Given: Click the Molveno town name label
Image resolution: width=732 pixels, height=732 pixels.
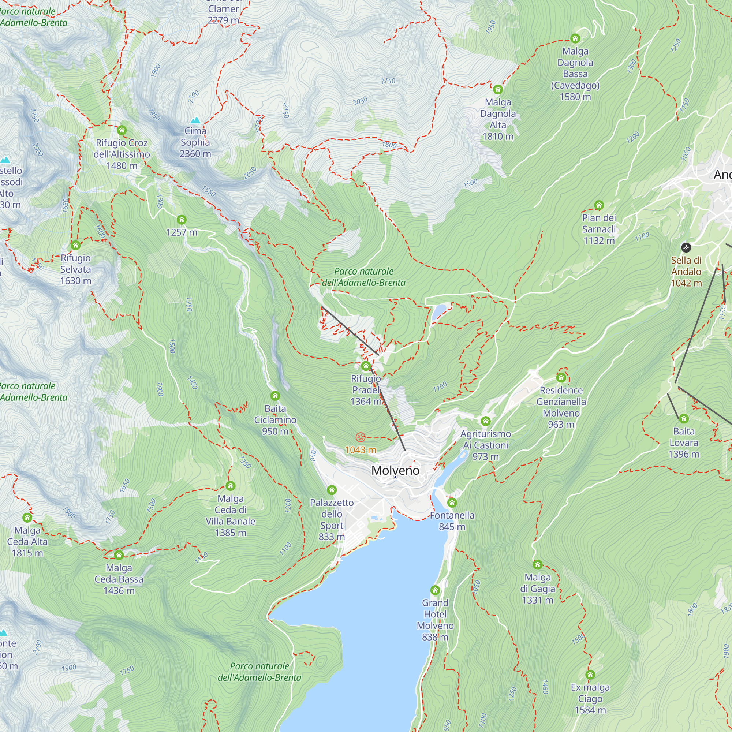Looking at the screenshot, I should click(x=395, y=470).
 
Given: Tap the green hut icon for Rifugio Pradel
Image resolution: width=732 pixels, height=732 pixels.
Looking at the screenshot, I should click(x=366, y=366).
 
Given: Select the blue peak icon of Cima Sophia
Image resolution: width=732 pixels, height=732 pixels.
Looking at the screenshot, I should click(x=195, y=120).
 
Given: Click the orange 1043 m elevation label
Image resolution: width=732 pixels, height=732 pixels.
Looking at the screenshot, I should click(x=360, y=450).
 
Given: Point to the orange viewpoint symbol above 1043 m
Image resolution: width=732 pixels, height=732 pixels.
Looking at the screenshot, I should click(x=360, y=437).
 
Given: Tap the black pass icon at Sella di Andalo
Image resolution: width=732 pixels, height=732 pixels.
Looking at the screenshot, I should click(x=686, y=248).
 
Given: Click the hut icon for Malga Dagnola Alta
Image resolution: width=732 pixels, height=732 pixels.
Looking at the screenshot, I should click(x=497, y=90).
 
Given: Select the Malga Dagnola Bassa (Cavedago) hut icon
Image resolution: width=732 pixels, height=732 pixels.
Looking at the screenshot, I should click(x=575, y=38).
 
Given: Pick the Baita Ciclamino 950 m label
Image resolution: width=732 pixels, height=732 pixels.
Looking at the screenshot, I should click(x=275, y=420).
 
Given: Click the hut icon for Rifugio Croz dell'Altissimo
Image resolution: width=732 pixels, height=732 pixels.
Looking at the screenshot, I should click(x=121, y=130).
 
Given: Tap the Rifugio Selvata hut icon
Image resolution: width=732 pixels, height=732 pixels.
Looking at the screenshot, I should click(x=75, y=246).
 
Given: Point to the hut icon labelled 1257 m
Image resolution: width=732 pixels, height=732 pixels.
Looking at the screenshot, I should click(x=182, y=220).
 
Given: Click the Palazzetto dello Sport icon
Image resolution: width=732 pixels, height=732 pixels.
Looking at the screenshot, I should click(x=332, y=490).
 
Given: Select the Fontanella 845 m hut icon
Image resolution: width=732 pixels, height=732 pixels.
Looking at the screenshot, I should click(x=452, y=503).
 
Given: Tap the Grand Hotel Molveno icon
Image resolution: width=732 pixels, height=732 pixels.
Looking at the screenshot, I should click(x=435, y=590).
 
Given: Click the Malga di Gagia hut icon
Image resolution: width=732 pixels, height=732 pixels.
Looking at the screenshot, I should click(x=537, y=565).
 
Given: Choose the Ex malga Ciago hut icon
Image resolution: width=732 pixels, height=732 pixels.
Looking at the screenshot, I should click(x=590, y=675).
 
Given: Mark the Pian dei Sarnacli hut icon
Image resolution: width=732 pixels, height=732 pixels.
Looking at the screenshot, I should click(x=599, y=205).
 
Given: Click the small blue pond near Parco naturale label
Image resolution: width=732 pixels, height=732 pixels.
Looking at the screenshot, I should click(x=440, y=311).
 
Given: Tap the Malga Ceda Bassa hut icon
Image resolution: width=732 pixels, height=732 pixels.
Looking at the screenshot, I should click(x=119, y=556).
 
